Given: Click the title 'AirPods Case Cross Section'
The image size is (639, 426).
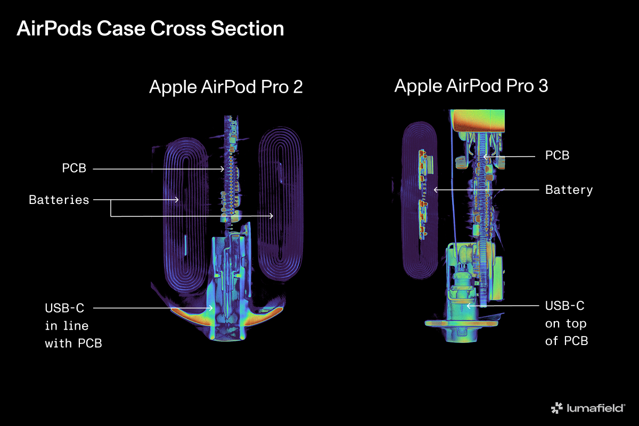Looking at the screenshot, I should point(150,28).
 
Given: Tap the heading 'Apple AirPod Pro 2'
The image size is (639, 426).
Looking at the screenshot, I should point(226,87).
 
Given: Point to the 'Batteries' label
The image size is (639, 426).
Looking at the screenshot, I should point(59,200).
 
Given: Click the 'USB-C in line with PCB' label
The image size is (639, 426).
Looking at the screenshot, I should point(73,325).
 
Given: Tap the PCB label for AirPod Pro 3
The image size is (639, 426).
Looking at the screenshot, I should point(557,155).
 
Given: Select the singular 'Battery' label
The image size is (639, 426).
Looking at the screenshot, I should point(569,190).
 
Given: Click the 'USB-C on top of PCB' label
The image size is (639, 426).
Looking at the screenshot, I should point(566,323).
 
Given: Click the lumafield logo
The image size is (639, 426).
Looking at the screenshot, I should point(588,408).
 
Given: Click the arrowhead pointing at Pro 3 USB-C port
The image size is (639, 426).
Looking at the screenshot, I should point(468,306).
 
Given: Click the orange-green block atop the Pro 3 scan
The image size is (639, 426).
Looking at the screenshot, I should point(477,121).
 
